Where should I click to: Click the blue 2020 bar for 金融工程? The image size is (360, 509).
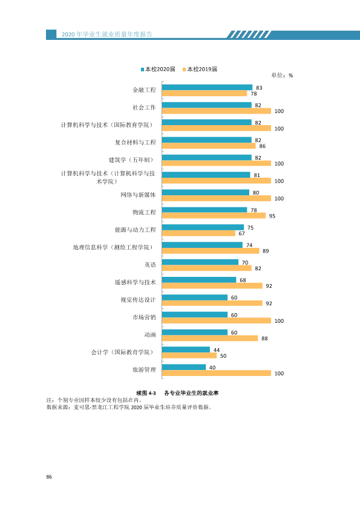click(208, 87)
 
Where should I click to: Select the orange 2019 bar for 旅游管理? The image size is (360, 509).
click(217, 374)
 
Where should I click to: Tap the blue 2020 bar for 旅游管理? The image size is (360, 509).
click(184, 367)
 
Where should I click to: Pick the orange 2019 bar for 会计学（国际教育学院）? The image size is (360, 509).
click(189, 356)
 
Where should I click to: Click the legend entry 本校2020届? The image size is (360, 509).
click(158, 69)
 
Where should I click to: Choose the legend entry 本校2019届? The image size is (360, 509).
click(200, 69)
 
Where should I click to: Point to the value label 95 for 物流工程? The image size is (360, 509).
click(272, 216)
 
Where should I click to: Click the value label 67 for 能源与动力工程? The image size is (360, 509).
click(242, 233)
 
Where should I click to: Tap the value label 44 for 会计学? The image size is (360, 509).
click(217, 350)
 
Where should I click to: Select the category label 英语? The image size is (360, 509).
click(150, 265)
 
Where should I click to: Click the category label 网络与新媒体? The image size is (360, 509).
click(138, 195)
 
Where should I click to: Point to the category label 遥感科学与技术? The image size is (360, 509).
click(135, 282)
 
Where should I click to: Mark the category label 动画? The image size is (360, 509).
click(150, 335)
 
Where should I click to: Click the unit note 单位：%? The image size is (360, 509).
click(282, 76)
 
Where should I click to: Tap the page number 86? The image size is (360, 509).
click(49, 477)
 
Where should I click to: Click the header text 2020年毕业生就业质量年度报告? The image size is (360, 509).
click(107, 34)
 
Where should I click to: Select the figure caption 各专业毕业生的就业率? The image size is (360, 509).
click(191, 393)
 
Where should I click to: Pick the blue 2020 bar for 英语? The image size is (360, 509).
click(200, 262)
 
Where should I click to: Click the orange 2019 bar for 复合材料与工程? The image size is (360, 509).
click(209, 146)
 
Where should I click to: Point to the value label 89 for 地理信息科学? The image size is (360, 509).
click(266, 251)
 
